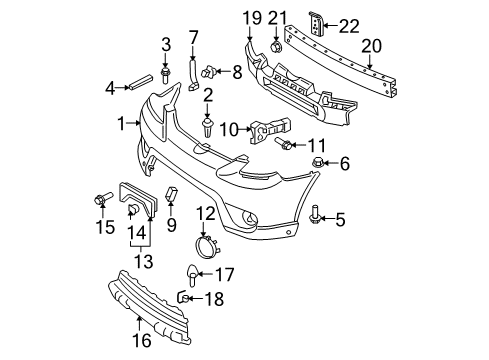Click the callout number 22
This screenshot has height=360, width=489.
(349, 26)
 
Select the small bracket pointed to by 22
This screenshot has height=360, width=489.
(316, 23)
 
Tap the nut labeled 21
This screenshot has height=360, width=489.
(276, 47)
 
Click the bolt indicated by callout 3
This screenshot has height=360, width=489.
(165, 75)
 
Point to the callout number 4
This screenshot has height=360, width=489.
(110, 88)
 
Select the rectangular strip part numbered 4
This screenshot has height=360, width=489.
(141, 82)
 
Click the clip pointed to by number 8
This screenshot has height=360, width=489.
(208, 70)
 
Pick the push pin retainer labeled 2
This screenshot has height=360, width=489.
(207, 127)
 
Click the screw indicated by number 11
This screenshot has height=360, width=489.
(284, 144)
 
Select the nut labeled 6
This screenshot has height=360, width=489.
(317, 162)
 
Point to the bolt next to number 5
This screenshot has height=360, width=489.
(315, 214)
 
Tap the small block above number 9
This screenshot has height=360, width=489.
(171, 195)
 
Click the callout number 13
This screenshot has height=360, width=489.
(144, 262)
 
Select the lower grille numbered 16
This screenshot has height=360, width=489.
(149, 307)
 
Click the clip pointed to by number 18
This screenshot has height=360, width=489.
(183, 297)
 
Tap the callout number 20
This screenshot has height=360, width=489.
(371, 46)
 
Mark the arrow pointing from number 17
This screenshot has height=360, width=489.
(206, 274)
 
